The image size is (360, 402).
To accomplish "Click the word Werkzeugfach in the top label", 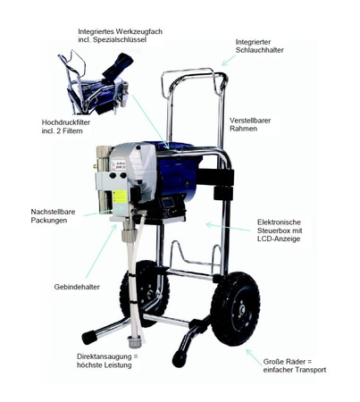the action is (x=139, y=31).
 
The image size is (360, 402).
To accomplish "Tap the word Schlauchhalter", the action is (x=259, y=50).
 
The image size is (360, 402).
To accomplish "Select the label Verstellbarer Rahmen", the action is (x=250, y=124).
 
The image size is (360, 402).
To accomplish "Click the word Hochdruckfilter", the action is (x=66, y=122).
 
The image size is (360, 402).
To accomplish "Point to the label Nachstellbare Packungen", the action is (x=53, y=216).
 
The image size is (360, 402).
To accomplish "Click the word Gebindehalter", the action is (x=77, y=287).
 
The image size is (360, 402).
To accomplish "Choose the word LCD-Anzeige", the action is (x=279, y=239).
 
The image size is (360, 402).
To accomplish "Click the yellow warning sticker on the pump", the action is (x=120, y=196).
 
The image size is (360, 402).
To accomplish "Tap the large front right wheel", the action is (x=235, y=308).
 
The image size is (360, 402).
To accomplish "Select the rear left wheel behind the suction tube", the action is (x=145, y=293).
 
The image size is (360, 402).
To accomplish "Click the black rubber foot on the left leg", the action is (x=88, y=338).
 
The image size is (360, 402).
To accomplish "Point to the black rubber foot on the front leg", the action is (x=180, y=359).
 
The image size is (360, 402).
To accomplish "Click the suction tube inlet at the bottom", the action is (x=134, y=341).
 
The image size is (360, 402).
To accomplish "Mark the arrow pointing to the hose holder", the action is (x=229, y=60).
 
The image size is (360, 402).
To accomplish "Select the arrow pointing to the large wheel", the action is (x=254, y=357).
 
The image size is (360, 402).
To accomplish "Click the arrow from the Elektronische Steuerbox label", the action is (x=228, y=227).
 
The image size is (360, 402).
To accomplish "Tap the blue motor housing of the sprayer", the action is (x=179, y=176).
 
